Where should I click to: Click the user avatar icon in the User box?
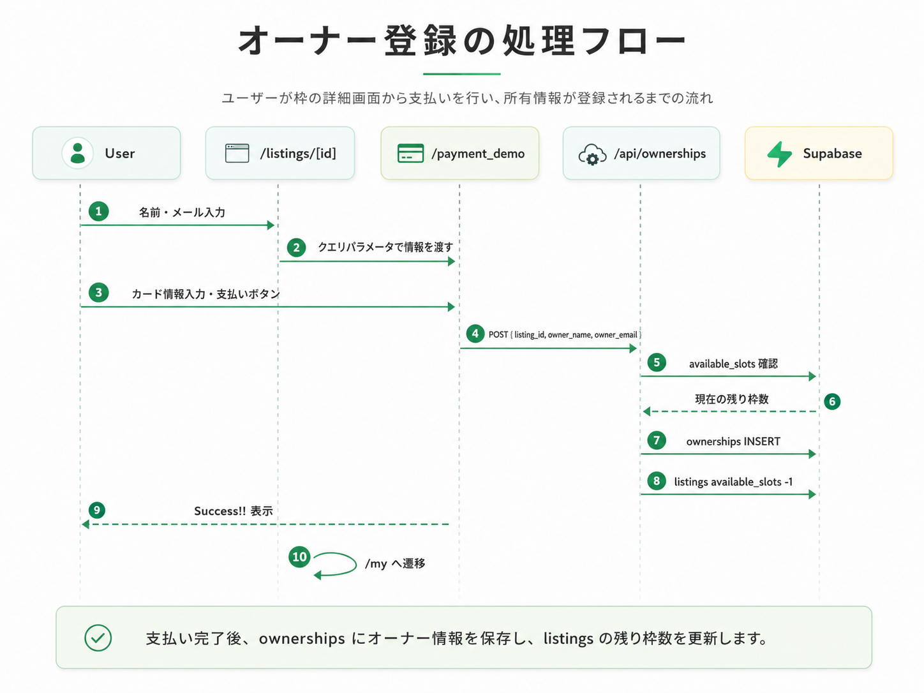click(77, 153)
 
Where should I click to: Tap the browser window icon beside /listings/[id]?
click(237, 153)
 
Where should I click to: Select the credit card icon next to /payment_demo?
click(410, 153)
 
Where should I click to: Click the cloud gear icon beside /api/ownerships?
click(592, 154)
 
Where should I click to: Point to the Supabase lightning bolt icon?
click(779, 154)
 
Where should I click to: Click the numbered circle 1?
click(98, 211)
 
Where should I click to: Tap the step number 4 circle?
click(475, 334)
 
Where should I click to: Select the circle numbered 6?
click(832, 401)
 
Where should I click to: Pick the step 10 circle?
click(299, 556)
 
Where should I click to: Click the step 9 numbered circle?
click(97, 510)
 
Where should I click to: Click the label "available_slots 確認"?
click(733, 364)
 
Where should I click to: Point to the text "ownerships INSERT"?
click(733, 442)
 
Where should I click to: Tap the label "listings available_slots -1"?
click(733, 482)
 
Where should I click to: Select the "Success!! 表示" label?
click(234, 510)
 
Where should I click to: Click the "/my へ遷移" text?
click(395, 563)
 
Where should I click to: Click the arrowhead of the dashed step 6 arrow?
click(646, 412)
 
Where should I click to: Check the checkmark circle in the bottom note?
click(98, 638)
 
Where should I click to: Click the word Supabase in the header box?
click(832, 154)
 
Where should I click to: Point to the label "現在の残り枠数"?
click(732, 399)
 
